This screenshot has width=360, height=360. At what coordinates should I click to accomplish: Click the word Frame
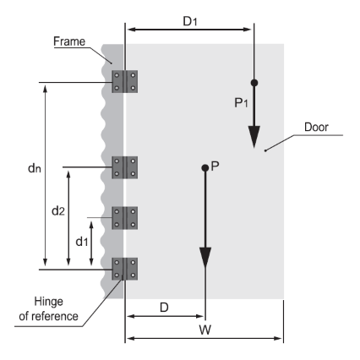point(69,41)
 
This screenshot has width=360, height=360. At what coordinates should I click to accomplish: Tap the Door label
point(316,127)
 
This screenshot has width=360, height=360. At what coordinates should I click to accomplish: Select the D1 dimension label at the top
point(190,21)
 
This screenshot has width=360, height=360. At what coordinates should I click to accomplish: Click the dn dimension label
point(35,168)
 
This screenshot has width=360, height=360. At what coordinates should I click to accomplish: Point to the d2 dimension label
point(58,210)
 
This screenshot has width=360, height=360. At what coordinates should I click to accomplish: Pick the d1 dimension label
point(82,242)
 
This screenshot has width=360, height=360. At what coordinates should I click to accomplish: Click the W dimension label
point(205,330)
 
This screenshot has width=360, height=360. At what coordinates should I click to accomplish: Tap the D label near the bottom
point(164,308)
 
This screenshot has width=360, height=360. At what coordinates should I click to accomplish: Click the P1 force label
point(241,102)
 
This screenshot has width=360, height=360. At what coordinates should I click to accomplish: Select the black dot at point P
point(205,168)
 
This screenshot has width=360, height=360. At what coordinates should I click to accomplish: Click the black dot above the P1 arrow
point(254,83)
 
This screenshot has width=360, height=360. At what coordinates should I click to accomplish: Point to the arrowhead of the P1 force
point(254,137)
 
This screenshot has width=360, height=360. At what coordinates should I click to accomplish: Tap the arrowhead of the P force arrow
point(205,258)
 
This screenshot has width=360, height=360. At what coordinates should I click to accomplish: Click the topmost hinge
point(125,82)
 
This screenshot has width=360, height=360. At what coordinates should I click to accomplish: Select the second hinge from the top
point(125,167)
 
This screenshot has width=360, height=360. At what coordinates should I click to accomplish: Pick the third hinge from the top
point(125,218)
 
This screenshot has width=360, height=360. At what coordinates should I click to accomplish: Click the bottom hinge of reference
point(125,269)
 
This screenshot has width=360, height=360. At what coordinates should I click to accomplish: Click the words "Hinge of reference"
point(48,308)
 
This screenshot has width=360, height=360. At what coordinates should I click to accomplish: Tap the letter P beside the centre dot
point(215,166)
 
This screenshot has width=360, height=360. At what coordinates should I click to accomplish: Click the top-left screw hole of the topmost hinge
point(117,75)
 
